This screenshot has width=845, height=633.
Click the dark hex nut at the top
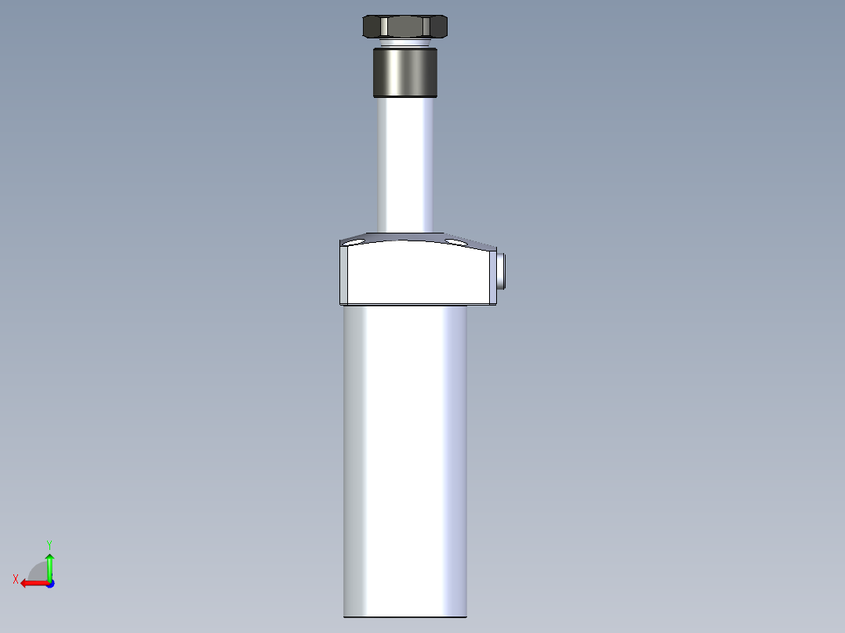click(404, 27)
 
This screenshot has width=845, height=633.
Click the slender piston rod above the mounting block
click(404, 165)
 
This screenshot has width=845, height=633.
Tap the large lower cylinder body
click(404, 462)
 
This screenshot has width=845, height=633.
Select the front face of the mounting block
click(415, 274)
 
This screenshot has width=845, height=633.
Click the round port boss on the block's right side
click(501, 269)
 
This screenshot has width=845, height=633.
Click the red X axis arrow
click(31, 583)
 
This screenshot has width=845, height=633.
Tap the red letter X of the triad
click(16, 579)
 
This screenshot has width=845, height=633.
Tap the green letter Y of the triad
click(49, 544)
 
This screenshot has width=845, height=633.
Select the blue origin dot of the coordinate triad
click(49, 583)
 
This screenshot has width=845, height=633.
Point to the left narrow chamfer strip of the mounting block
click(343, 274)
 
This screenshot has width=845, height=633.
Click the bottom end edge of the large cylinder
click(404, 617)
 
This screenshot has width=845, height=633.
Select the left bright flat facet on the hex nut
click(371, 27)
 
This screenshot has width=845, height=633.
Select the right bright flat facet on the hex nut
click(440, 27)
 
